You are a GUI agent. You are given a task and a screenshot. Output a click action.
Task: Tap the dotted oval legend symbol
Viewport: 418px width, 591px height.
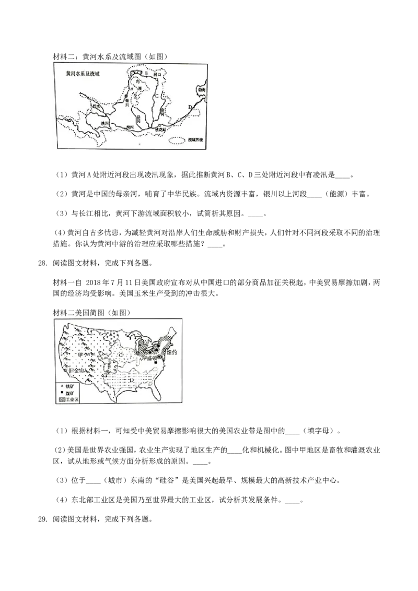[x=178, y=140]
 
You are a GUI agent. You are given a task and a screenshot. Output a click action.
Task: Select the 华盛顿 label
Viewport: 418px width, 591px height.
[x=153, y=360]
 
